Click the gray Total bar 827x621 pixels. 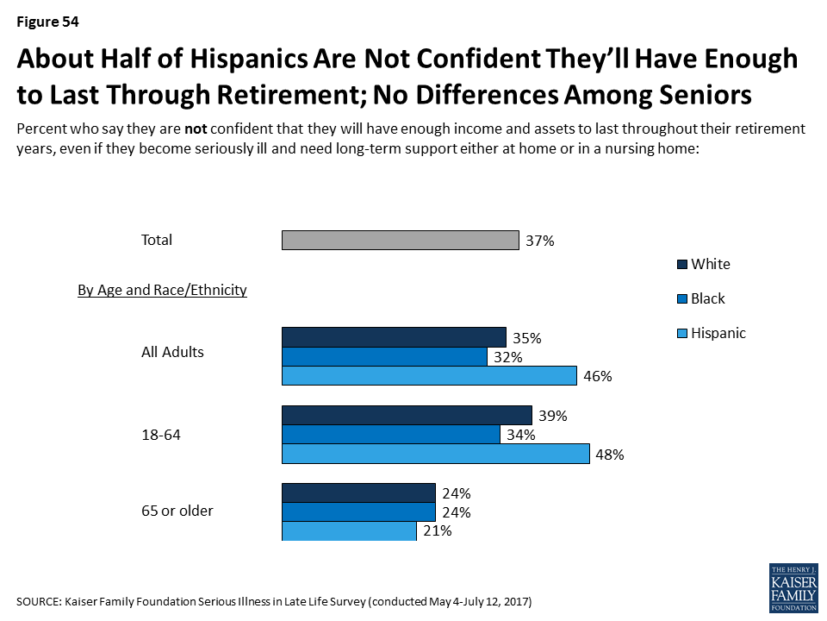[x=401, y=240]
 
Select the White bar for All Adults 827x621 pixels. [x=394, y=336]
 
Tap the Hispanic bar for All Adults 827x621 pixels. [x=429, y=375]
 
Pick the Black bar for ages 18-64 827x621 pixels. [x=391, y=435]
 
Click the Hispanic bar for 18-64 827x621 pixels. [x=436, y=455]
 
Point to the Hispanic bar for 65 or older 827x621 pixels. [x=350, y=531]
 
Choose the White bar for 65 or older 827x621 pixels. [x=358, y=492]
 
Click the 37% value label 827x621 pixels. [x=540, y=241]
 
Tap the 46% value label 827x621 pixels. [x=597, y=377]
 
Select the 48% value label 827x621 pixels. [x=610, y=455]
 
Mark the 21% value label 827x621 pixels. [x=438, y=531]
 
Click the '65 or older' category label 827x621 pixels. [x=177, y=511]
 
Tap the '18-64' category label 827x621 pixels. [x=161, y=435]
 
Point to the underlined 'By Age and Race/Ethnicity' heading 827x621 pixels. [x=163, y=291]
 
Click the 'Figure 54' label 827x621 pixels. [x=48, y=22]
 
